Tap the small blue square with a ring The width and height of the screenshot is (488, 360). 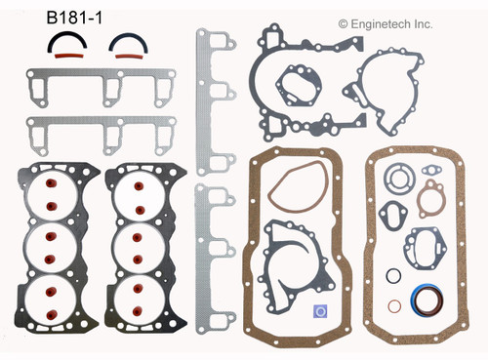(321, 311)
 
